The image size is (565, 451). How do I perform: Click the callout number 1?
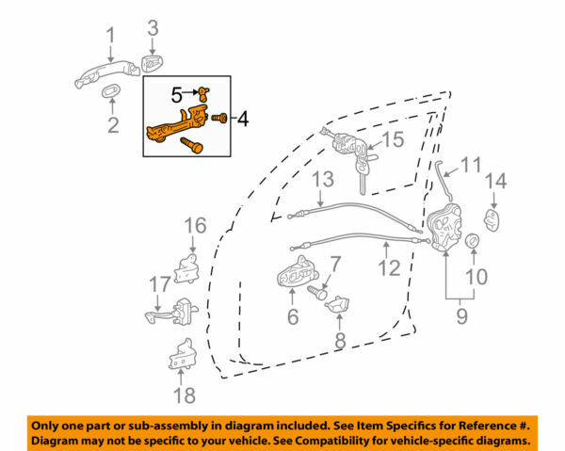(x=110, y=36)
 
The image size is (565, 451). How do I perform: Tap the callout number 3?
(x=153, y=27)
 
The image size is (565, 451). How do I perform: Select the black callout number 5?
(x=177, y=95)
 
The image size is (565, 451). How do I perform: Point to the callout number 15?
(x=393, y=139)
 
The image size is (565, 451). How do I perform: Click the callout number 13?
(x=323, y=179)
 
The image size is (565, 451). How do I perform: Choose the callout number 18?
(x=185, y=395)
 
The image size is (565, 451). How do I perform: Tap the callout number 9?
(x=461, y=316)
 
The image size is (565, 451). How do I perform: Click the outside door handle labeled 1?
(x=107, y=73)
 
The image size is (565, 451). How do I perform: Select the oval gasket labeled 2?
(x=112, y=90)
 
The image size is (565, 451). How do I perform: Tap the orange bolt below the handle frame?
(x=192, y=144)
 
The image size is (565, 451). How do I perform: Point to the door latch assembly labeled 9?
(x=444, y=228)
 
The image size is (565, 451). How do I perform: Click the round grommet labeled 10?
(x=473, y=240)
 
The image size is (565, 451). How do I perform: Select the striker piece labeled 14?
(x=492, y=219)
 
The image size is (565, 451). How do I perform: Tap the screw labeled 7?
(x=316, y=292)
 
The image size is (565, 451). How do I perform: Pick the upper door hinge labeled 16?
(x=186, y=268)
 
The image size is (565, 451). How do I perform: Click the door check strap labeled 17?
(x=172, y=311)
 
